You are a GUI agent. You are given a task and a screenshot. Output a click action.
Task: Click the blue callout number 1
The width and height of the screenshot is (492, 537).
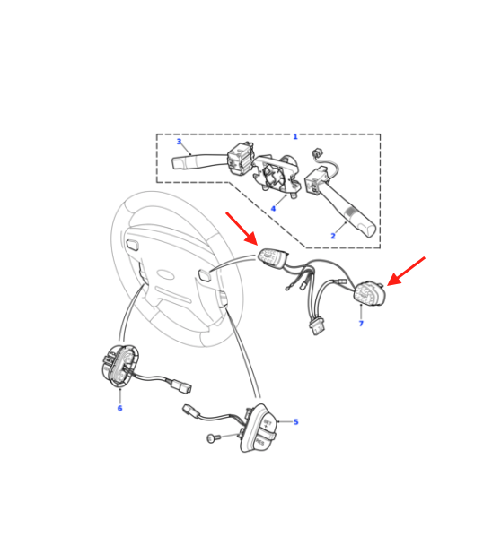295,136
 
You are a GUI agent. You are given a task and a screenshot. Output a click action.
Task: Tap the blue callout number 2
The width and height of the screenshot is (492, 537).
333,236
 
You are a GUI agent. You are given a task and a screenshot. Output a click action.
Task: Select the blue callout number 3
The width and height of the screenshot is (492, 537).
179,142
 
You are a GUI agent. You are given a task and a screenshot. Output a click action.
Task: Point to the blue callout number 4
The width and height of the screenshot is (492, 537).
273,208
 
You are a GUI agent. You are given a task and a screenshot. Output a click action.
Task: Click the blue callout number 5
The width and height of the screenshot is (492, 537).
296,421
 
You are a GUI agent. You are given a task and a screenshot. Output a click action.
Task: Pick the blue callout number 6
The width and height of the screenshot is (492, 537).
119,408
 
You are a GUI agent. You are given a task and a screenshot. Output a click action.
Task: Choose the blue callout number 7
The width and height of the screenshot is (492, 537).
361,324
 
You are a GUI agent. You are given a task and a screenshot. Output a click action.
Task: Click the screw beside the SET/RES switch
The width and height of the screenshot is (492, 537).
212,438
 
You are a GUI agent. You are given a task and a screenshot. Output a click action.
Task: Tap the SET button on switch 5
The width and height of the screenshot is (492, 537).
268,422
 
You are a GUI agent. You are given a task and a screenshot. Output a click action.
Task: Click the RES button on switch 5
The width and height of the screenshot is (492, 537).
260,442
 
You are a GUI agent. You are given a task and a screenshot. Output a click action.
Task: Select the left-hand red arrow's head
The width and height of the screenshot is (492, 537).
252,238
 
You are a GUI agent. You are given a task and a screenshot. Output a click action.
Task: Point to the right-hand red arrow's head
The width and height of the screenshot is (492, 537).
394,280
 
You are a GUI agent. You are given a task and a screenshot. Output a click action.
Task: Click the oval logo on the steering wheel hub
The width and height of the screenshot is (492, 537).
167,275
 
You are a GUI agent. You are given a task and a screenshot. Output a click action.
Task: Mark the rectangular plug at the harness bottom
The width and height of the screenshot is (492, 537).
317,328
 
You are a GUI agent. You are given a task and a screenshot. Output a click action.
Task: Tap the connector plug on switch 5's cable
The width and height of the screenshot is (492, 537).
190,411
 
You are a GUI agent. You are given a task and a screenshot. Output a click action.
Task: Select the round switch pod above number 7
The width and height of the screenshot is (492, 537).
370,293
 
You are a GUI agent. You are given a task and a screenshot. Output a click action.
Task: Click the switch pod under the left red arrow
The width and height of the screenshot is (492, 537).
273,257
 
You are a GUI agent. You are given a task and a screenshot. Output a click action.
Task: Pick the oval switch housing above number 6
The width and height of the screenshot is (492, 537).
120,366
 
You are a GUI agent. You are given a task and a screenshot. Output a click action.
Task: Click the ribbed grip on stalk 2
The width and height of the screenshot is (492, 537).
351,214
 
